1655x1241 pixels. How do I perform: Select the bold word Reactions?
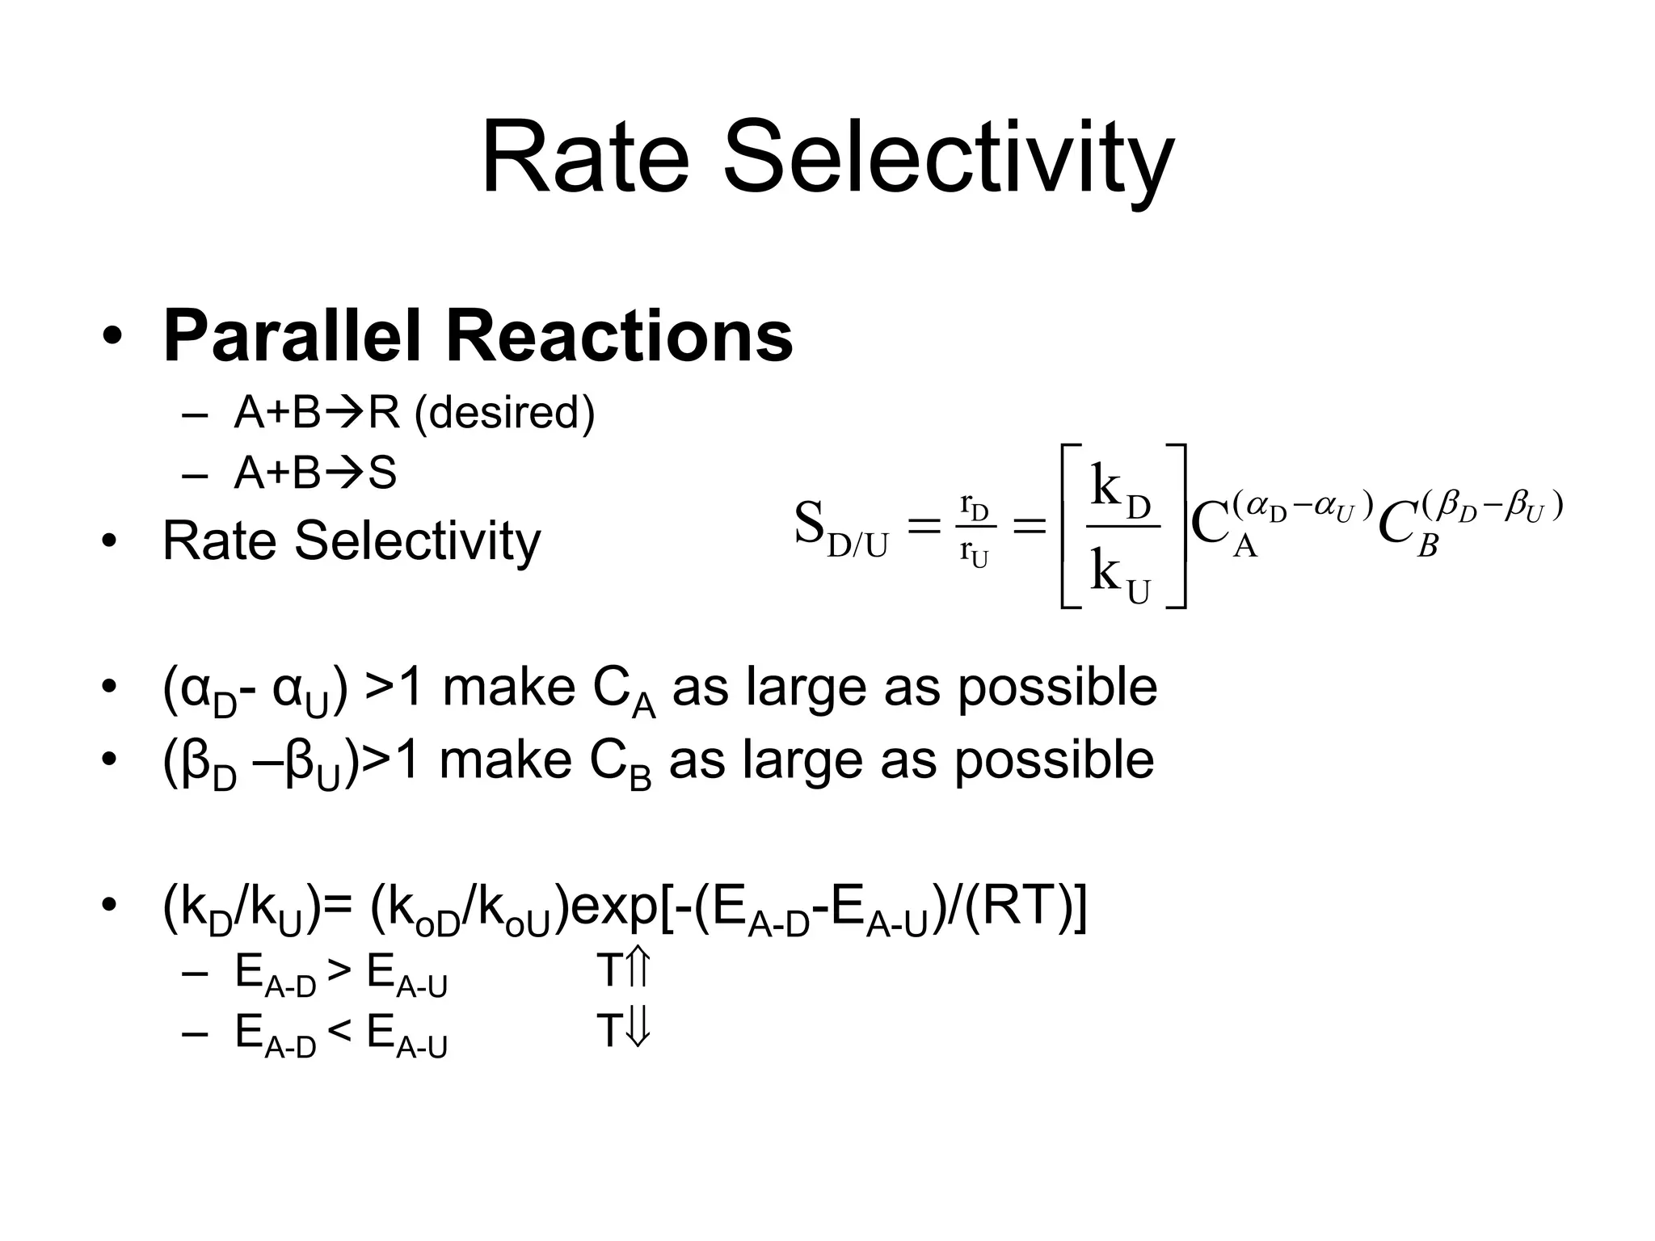click(619, 336)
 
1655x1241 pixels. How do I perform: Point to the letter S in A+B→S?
click(382, 473)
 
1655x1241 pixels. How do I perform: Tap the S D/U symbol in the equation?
click(839, 530)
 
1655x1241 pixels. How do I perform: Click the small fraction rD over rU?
click(974, 530)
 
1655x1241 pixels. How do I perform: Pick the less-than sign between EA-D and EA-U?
click(340, 1031)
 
